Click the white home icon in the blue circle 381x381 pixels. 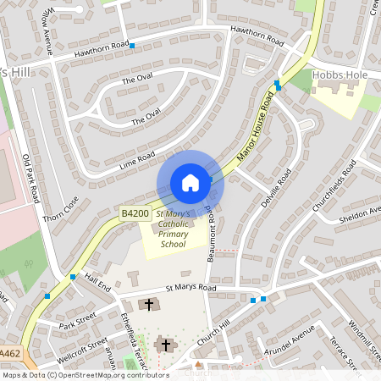pyautogui.click(x=190, y=182)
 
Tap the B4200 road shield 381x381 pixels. pyautogui.click(x=134, y=214)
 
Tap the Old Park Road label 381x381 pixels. pyautogui.click(x=31, y=178)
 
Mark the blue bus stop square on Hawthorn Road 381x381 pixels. pyautogui.click(x=132, y=45)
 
